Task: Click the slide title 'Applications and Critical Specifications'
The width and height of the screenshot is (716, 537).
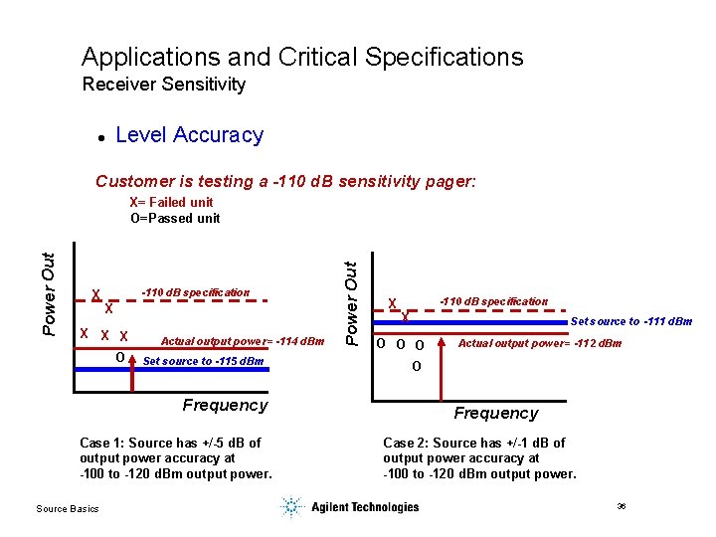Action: coord(302,57)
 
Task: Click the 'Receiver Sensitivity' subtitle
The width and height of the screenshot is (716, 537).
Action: coord(163,85)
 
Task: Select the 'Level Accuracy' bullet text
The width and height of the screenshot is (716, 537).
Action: coord(189,135)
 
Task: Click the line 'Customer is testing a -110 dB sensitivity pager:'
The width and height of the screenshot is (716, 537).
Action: coord(285,181)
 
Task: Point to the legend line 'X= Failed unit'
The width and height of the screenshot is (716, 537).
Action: coord(171,202)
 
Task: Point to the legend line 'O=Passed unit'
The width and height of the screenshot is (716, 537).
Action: coord(175,218)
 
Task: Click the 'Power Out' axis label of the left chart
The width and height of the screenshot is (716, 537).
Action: coord(48,292)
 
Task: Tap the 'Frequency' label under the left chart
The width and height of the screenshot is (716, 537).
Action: coord(225,405)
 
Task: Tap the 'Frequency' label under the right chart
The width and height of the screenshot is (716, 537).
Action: coord(495,413)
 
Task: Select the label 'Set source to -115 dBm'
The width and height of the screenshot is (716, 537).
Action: coord(204,361)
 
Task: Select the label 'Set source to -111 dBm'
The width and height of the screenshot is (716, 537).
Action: coord(630,321)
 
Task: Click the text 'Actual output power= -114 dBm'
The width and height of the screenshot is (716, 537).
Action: coord(243,341)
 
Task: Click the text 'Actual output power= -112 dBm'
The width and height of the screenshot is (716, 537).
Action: coord(539,343)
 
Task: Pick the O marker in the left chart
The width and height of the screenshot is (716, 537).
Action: coord(119,357)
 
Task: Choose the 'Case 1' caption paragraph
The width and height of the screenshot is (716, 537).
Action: coord(175,457)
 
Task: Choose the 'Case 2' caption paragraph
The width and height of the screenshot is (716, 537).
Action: coord(478,457)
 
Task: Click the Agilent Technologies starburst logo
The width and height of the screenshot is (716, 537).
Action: coord(290,507)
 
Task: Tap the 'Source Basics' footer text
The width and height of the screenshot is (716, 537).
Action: coord(68,509)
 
